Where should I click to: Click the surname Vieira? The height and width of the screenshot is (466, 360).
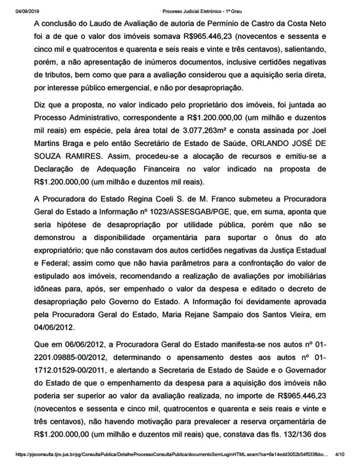[x=298, y=314]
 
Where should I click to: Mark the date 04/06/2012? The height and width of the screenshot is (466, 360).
[x=54, y=327]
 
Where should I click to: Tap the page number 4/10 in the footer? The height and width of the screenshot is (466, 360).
[x=340, y=454]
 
